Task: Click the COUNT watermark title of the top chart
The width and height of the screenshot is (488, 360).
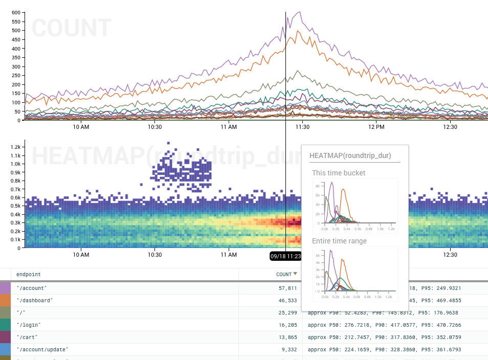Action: click(x=72, y=28)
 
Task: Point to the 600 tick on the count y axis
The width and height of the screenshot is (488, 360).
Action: click(x=15, y=12)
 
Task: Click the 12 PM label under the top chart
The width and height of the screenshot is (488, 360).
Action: click(x=376, y=127)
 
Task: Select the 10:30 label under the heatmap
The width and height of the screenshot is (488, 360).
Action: click(x=154, y=255)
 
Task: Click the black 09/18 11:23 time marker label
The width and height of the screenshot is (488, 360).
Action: click(x=285, y=256)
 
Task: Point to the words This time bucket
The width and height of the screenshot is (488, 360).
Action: click(x=339, y=173)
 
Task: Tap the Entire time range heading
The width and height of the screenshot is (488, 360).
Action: click(x=339, y=241)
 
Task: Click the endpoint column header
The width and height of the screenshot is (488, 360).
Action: click(x=29, y=274)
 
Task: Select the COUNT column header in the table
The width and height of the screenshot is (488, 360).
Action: click(x=284, y=274)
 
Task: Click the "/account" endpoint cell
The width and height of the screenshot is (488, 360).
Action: click(x=32, y=288)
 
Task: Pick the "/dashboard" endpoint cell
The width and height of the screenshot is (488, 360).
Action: click(x=35, y=301)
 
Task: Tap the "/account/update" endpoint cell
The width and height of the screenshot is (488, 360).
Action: click(x=42, y=350)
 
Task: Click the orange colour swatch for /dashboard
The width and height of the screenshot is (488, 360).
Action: click(x=6, y=301)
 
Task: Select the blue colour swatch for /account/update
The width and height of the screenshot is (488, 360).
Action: click(x=6, y=350)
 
